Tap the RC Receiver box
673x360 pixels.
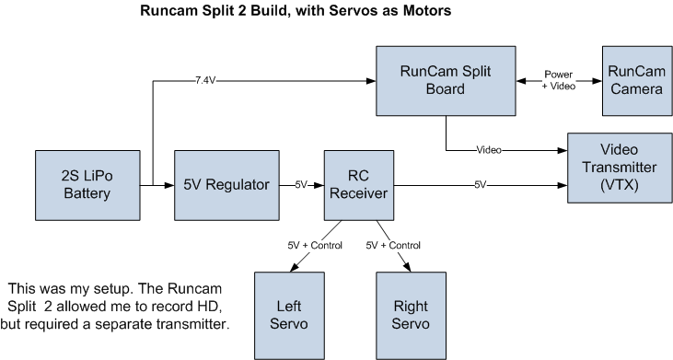click(360, 184)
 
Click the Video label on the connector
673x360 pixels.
click(489, 147)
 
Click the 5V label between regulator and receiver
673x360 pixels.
click(301, 184)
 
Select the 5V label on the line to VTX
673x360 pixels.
click(481, 184)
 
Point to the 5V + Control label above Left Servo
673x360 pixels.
click(316, 246)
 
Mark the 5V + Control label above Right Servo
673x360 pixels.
click(393, 246)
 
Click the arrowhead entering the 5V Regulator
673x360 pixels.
click(168, 184)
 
